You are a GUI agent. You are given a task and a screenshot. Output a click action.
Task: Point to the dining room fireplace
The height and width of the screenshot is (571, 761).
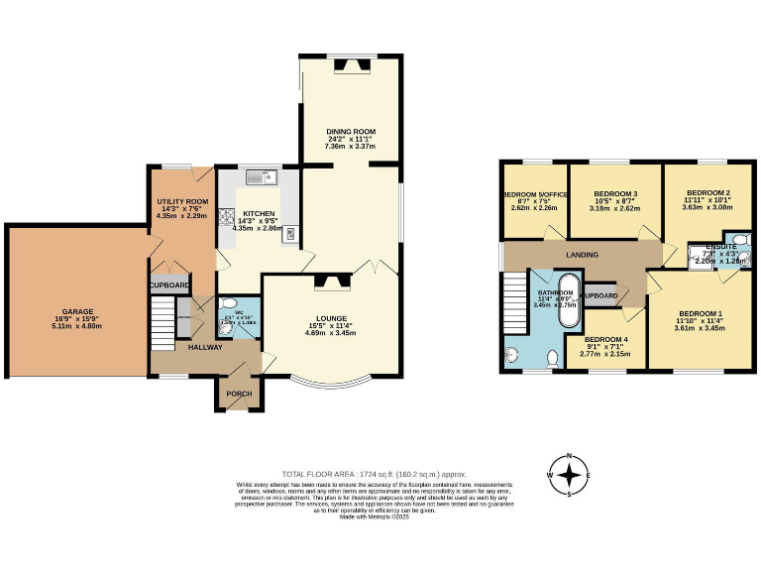[351, 66]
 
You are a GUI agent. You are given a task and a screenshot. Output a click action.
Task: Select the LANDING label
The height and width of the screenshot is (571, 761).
[582, 255]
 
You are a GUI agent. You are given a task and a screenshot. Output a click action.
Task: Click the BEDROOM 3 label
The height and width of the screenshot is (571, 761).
[614, 193]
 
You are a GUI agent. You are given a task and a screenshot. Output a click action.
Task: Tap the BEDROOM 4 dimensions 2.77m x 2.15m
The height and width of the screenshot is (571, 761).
[605, 353]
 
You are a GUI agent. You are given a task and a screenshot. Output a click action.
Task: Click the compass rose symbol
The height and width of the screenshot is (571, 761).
[570, 476]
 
